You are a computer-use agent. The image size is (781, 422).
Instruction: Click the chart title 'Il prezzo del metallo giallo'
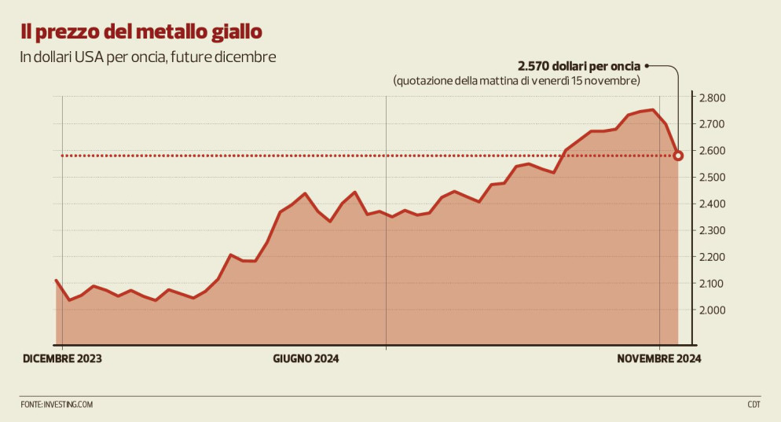pyautogui.click(x=141, y=32)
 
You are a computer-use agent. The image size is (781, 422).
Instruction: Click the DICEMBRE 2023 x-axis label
pyautogui.click(x=62, y=358)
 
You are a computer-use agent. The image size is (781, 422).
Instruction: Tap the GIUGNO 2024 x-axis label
pyautogui.click(x=306, y=358)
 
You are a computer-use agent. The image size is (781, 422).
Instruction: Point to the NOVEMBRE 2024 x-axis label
pyautogui.click(x=658, y=358)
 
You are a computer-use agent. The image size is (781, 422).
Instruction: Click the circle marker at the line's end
pyautogui.click(x=678, y=156)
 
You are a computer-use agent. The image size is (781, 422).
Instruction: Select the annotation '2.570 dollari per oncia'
pyautogui.click(x=578, y=66)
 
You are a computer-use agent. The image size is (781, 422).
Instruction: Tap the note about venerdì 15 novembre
pyautogui.click(x=516, y=81)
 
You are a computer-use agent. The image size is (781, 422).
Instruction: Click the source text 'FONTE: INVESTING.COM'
pyautogui.click(x=57, y=405)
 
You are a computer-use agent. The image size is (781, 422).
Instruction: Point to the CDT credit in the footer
pyautogui.click(x=753, y=405)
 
